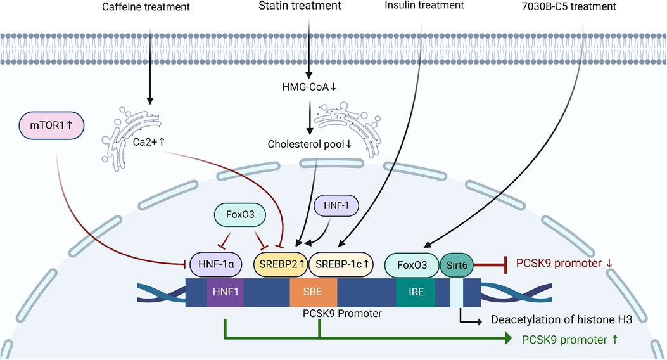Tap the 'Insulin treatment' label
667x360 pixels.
pyautogui.click(x=424, y=6)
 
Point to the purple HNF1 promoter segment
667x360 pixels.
pyautogui.click(x=226, y=292)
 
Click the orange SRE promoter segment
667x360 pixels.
pyautogui.click(x=314, y=292)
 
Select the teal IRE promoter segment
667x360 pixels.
pyautogui.click(x=416, y=292)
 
